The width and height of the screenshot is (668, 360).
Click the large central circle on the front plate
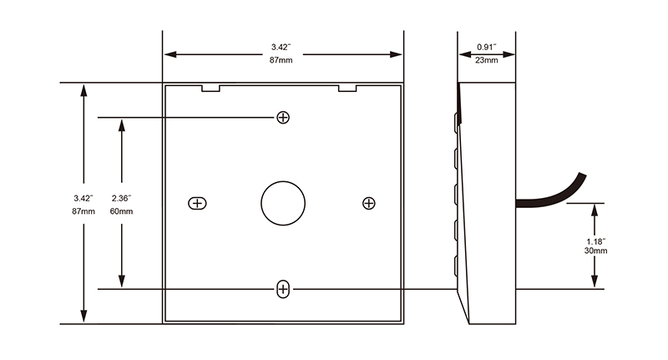pyautogui.click(x=283, y=203)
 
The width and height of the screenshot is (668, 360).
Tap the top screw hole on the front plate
pyautogui.click(x=283, y=117)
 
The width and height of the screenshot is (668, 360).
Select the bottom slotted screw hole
pyautogui.click(x=283, y=289)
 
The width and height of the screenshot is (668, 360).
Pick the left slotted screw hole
pyautogui.click(x=197, y=203)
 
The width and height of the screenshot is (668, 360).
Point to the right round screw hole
pyautogui.click(x=369, y=203)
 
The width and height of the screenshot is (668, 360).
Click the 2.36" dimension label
pyautogui.click(x=121, y=198)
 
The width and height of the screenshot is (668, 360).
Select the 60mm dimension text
pyautogui.click(x=121, y=212)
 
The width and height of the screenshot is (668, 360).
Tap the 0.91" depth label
pyautogui.click(x=487, y=46)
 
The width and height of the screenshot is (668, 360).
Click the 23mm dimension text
pyautogui.click(x=487, y=60)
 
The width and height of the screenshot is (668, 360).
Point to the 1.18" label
pyautogui.click(x=595, y=241)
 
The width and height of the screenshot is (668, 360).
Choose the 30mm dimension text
pyautogui.click(x=595, y=251)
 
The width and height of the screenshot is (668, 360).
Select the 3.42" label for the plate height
pyautogui.click(x=83, y=198)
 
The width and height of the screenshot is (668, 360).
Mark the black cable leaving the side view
pyautogui.click(x=551, y=195)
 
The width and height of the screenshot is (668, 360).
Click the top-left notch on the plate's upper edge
pyautogui.click(x=210, y=87)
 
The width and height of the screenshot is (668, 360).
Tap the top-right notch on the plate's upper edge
pyautogui.click(x=347, y=87)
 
